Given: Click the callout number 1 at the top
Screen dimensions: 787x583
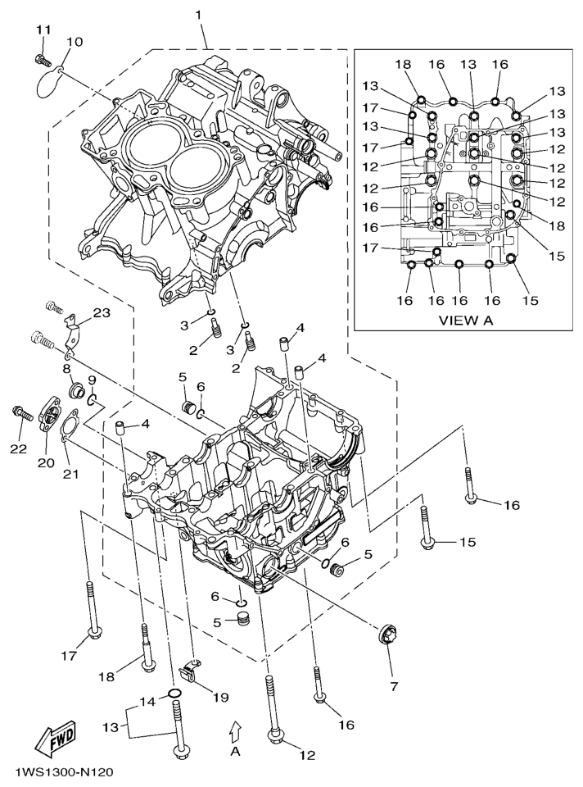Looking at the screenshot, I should [197, 15].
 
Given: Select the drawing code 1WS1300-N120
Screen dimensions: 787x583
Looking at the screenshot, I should [63, 772].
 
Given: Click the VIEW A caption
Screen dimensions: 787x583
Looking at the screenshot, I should [465, 320].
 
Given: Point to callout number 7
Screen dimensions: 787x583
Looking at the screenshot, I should [393, 685].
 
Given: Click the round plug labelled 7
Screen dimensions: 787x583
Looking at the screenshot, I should [384, 635].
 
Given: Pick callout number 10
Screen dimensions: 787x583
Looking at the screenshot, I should [75, 41].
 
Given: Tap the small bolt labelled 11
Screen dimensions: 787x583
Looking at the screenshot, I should [41, 58].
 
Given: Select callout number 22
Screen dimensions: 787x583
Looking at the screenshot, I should [18, 448].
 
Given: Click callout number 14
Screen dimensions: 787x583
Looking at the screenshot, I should [147, 702].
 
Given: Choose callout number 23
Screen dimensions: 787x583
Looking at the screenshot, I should [102, 312].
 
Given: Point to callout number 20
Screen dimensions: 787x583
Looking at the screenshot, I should [46, 463].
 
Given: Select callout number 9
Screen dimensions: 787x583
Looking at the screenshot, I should [93, 380].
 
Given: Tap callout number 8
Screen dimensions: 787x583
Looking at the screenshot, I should [67, 369].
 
